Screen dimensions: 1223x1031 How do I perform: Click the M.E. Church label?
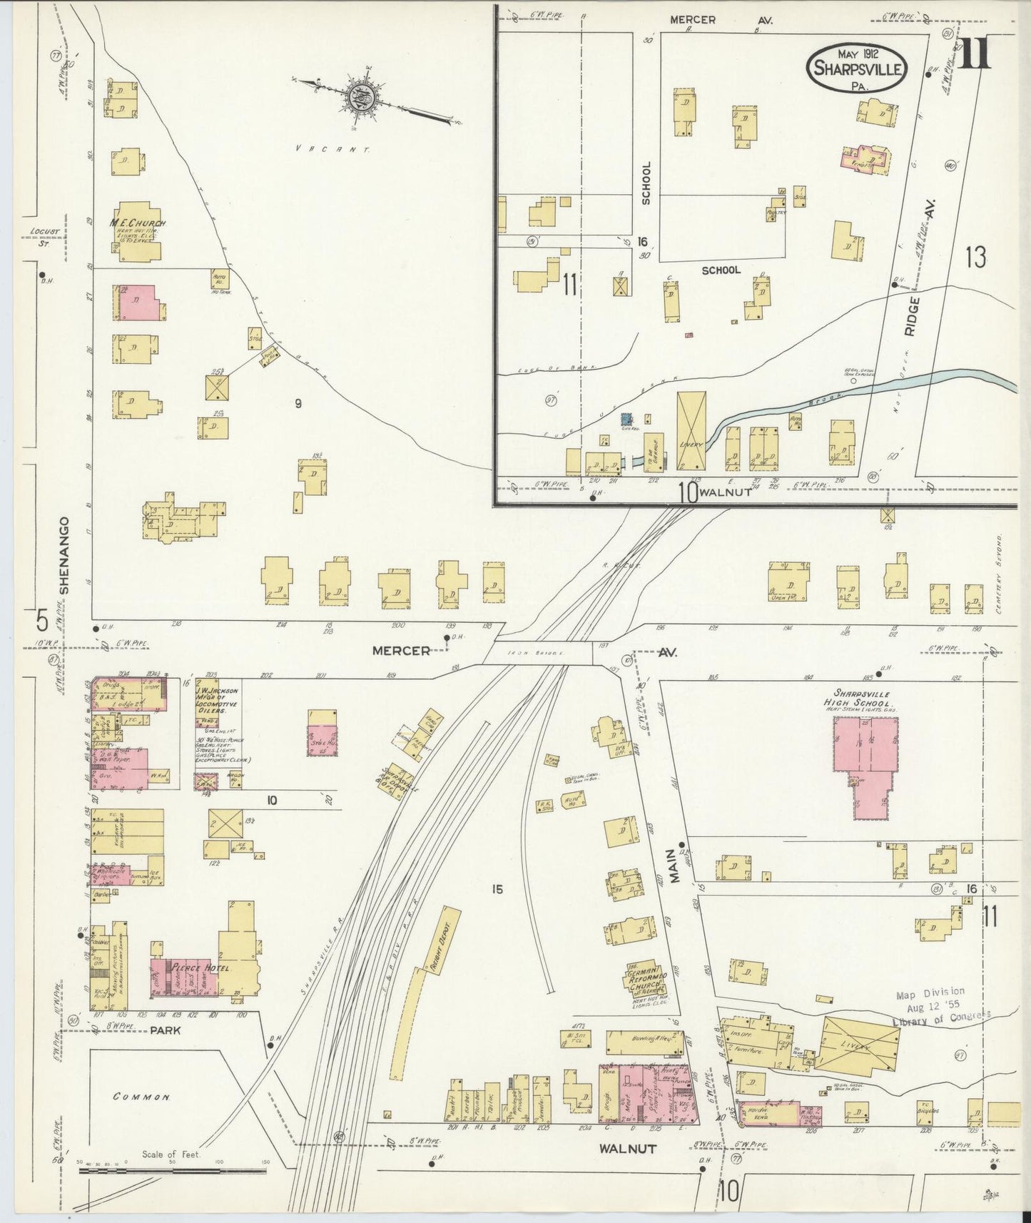pyautogui.click(x=137, y=223)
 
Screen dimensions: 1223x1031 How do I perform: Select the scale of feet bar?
pyautogui.click(x=171, y=1170)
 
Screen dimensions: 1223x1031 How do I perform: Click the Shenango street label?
pyautogui.click(x=64, y=555)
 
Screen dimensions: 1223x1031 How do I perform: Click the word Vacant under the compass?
pyautogui.click(x=332, y=150)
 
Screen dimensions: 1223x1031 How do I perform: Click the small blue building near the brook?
pyautogui.click(x=627, y=420)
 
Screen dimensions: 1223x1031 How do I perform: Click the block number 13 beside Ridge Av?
pyautogui.click(x=975, y=257)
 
